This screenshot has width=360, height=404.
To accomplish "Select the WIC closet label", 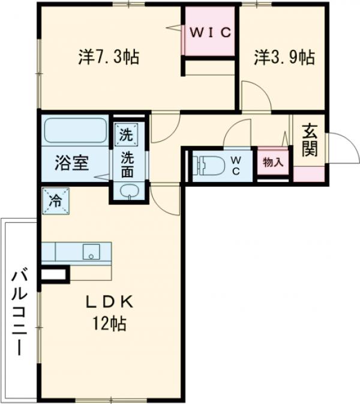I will (x=210, y=32).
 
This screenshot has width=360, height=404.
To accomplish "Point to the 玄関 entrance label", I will (x=310, y=140).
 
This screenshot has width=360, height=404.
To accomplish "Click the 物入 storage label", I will (x=273, y=162).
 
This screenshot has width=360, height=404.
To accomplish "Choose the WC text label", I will (x=236, y=164).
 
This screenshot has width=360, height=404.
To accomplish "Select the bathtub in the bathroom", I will (x=75, y=130).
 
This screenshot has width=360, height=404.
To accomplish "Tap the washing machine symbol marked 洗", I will (x=126, y=134).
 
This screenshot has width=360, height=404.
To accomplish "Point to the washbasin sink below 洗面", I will (x=127, y=191).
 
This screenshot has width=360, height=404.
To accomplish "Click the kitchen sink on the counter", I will (x=91, y=251).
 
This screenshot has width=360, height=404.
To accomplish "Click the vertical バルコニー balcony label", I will (x=19, y=312).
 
